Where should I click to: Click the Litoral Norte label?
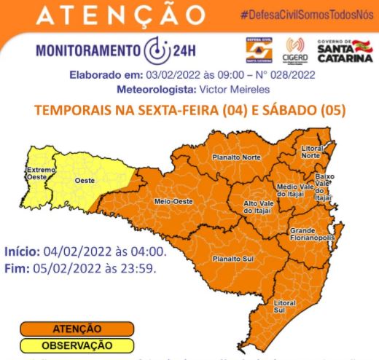[311, 151]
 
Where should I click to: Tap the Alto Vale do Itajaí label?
[259, 206]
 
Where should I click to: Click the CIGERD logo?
[295, 50]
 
